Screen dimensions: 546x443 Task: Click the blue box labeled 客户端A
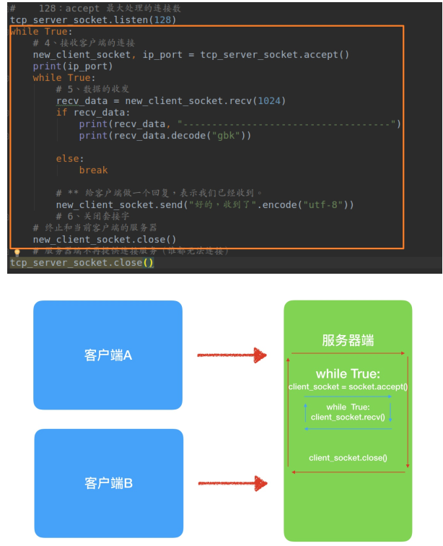pyautogui.click(x=107, y=355)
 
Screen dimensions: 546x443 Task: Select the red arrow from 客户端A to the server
pyautogui.click(x=232, y=355)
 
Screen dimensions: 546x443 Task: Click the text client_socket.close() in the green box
pyautogui.click(x=348, y=458)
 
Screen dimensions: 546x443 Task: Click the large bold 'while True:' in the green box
pyautogui.click(x=348, y=374)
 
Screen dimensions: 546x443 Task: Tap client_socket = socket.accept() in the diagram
pyautogui.click(x=348, y=387)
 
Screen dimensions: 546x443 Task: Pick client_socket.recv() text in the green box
pyautogui.click(x=348, y=417)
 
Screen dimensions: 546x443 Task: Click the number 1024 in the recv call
pyautogui.click(x=268, y=100)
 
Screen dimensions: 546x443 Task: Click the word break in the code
pyautogui.click(x=93, y=170)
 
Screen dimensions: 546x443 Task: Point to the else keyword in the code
pyautogui.click(x=70, y=158)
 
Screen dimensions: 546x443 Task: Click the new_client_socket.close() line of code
pyautogui.click(x=105, y=239)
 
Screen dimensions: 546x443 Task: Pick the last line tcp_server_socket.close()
pyautogui.click(x=81, y=263)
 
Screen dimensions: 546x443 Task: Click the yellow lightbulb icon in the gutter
pyautogui.click(x=17, y=252)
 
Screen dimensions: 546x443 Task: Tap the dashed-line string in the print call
pyautogui.click(x=289, y=123)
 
